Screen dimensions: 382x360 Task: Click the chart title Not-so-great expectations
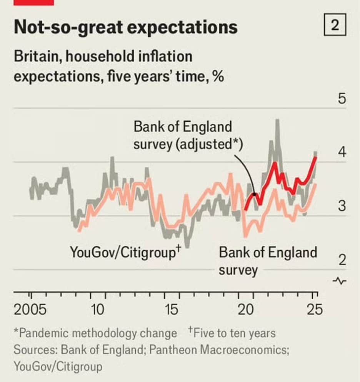(125, 27)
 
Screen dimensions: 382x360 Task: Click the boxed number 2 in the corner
(335, 26)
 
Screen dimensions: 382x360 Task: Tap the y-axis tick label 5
(342, 99)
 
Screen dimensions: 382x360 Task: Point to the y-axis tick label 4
(342, 152)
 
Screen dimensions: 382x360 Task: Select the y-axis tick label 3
(342, 206)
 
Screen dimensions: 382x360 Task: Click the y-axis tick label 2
(342, 260)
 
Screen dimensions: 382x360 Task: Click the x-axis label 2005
(30, 310)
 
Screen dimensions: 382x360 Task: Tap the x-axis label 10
(98, 310)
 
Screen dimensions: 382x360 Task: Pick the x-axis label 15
(172, 310)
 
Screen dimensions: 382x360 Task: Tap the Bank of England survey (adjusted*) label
(188, 136)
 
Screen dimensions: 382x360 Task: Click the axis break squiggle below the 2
(341, 281)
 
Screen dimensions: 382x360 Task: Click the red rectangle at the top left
(33, 2)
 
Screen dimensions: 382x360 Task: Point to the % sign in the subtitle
(218, 76)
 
